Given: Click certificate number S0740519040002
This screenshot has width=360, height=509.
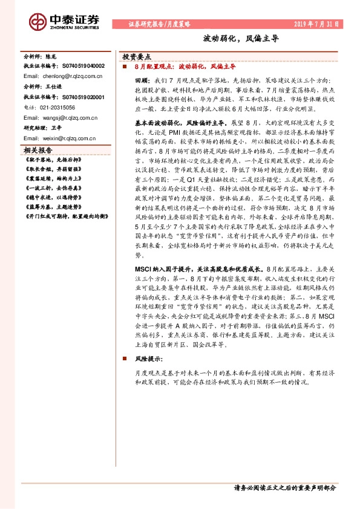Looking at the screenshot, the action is click(x=75, y=65).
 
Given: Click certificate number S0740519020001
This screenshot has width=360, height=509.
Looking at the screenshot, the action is click(x=75, y=97).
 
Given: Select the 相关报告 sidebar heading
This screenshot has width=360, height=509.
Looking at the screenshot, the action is click(x=38, y=150).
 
